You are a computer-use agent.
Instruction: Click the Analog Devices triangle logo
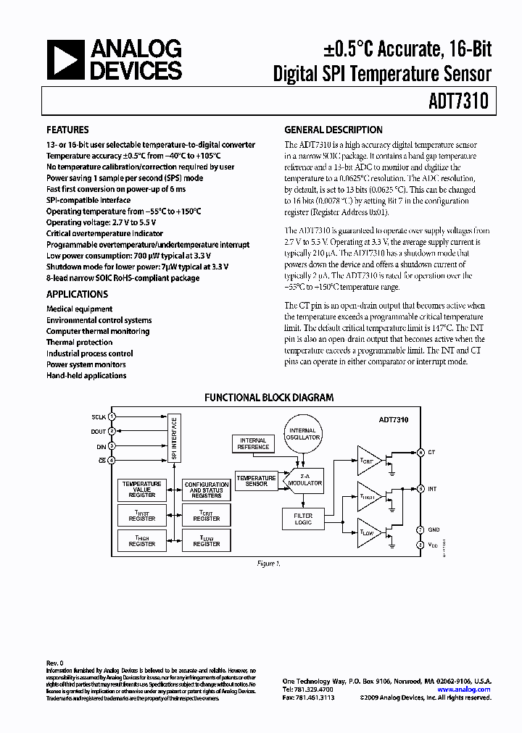click(65, 60)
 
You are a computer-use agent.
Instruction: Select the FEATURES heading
click(67, 130)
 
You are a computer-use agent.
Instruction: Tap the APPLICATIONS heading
click(77, 295)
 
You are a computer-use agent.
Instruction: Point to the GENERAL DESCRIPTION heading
click(333, 130)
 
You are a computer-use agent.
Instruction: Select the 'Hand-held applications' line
click(86, 376)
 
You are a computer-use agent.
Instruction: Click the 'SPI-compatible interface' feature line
click(88, 200)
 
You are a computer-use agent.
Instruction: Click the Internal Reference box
click(252, 443)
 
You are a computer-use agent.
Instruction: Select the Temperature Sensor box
click(256, 481)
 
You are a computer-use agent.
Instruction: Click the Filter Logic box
click(302, 519)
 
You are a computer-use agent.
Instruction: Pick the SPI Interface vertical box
click(174, 439)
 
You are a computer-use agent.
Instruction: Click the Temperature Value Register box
click(141, 489)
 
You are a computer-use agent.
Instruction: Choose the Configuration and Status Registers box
click(207, 490)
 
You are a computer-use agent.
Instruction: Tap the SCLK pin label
click(99, 418)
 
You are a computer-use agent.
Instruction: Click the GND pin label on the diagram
click(433, 529)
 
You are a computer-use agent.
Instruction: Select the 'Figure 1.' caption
click(268, 563)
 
